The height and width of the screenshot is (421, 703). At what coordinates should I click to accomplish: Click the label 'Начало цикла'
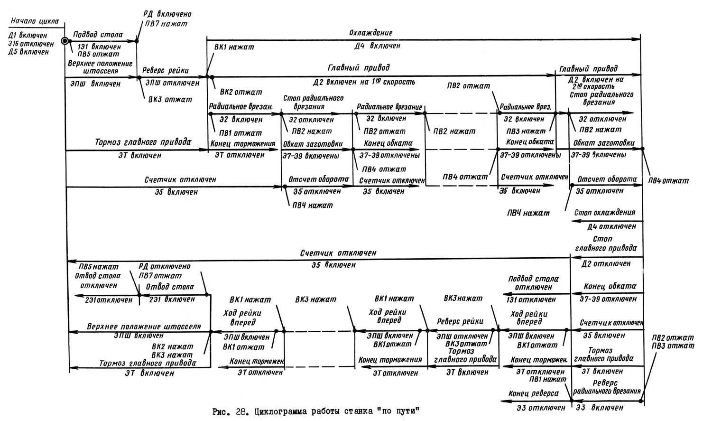pyautogui.click(x=34, y=21)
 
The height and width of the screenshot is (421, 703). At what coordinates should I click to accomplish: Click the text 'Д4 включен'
pyautogui.click(x=377, y=46)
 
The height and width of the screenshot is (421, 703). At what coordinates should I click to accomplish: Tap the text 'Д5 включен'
pyautogui.click(x=29, y=52)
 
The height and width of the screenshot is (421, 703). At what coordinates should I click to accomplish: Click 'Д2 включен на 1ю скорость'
pyautogui.click(x=364, y=82)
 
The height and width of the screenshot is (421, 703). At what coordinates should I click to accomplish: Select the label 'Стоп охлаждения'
pyautogui.click(x=604, y=212)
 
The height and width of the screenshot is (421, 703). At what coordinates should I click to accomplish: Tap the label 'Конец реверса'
pyautogui.click(x=533, y=393)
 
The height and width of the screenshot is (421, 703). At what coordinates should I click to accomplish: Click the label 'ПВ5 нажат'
pyautogui.click(x=99, y=267)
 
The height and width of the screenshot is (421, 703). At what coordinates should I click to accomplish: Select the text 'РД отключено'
pyautogui.click(x=164, y=267)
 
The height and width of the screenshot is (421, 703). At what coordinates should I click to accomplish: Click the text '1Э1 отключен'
pyautogui.click(x=531, y=299)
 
